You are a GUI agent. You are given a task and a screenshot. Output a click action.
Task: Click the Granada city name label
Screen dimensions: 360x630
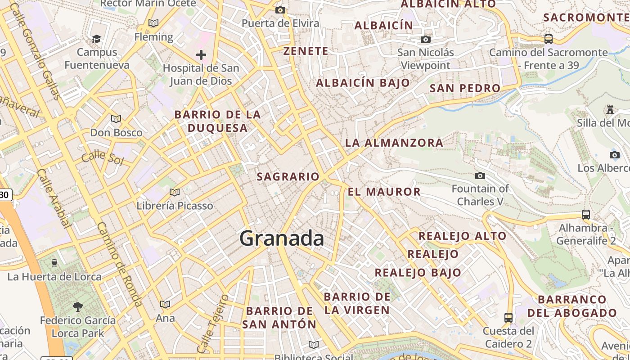click(282, 238)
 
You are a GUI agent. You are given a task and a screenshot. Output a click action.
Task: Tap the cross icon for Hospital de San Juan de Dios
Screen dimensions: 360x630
click(201, 55)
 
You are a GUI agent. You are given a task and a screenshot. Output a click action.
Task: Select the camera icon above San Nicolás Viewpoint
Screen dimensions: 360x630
click(425, 40)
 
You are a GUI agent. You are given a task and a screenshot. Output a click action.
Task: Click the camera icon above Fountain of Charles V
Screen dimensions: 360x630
click(480, 175)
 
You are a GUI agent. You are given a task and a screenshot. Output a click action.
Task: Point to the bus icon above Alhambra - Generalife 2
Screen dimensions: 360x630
click(585, 215)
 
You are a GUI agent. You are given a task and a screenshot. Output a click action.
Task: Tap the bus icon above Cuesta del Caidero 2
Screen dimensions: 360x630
click(508, 318)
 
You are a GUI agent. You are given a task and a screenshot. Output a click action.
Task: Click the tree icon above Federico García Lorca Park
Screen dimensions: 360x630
click(78, 307)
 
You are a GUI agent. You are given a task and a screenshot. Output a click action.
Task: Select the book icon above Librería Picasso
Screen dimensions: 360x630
click(175, 192)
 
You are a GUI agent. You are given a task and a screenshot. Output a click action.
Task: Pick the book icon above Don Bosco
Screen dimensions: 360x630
click(116, 119)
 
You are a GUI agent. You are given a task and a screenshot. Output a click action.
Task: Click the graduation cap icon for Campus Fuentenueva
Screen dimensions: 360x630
click(96, 39)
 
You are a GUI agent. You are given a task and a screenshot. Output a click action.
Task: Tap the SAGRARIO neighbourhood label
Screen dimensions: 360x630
click(288, 177)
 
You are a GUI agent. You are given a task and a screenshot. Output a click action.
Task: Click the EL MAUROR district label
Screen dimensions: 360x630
click(384, 192)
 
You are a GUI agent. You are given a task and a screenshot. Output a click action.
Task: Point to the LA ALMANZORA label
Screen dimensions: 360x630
click(394, 143)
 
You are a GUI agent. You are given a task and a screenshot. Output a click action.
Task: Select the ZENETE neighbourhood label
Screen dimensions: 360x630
click(306, 51)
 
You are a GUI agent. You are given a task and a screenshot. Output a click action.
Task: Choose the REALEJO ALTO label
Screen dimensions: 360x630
click(463, 236)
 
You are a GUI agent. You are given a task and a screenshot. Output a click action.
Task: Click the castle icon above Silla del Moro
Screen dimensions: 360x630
click(610, 109)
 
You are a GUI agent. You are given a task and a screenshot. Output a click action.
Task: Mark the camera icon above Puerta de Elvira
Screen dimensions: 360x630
click(280, 10)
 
